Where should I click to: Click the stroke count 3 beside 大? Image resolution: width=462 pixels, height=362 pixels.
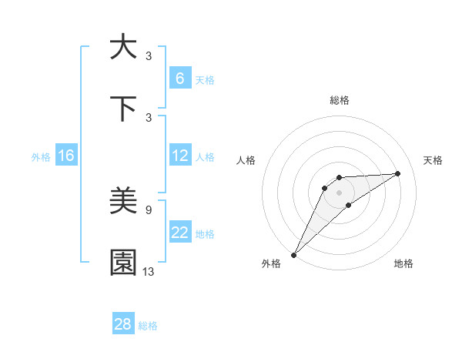click(x=149, y=55)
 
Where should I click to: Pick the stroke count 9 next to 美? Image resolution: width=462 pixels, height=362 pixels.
click(x=149, y=209)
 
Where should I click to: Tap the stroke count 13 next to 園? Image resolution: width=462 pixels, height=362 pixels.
click(x=149, y=271)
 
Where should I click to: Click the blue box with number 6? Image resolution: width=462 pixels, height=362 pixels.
click(x=179, y=79)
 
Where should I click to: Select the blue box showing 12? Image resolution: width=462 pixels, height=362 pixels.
click(x=179, y=156)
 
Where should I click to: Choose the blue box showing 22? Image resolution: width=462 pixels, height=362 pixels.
click(x=179, y=233)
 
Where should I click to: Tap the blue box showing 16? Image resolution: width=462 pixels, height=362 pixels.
click(x=65, y=156)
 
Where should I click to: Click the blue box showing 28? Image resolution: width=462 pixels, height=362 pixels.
click(x=123, y=324)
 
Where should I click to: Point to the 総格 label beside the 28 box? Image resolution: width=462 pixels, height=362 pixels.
click(x=148, y=326)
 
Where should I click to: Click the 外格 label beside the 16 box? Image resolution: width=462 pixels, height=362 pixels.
click(x=41, y=157)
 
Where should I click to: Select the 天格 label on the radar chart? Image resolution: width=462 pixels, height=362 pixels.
click(x=433, y=160)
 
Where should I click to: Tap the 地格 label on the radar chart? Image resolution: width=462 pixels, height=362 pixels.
click(x=403, y=264)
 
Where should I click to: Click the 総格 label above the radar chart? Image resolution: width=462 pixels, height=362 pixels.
click(x=340, y=100)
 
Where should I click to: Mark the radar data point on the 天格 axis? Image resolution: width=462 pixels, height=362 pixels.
click(x=398, y=173)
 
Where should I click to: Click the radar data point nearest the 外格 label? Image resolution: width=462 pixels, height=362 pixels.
click(x=293, y=254)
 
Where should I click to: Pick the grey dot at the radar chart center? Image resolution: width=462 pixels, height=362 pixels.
click(x=339, y=192)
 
